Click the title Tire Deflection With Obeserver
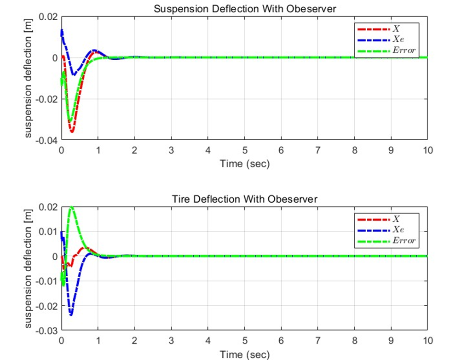click(x=244, y=199)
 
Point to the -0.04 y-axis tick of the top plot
click(x=48, y=140)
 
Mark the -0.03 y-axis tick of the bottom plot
click(x=48, y=330)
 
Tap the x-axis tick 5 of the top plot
click(x=244, y=151)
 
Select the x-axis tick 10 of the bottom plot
click(x=428, y=341)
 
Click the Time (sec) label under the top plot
click(x=244, y=163)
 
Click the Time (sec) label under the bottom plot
click(x=244, y=354)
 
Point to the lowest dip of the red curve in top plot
click(x=72, y=132)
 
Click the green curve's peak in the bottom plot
click(x=72, y=207)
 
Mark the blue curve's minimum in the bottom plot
click(x=71, y=315)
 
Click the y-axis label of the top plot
click(x=29, y=78)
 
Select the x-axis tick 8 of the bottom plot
click(x=354, y=341)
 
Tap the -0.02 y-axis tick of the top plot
click(x=48, y=99)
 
